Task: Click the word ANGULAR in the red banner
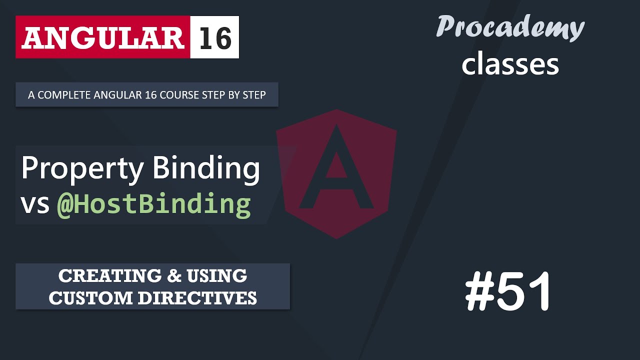pyautogui.click(x=102, y=37)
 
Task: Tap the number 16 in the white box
pyautogui.click(x=215, y=37)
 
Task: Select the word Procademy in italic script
pyautogui.click(x=510, y=27)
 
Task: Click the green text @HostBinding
pyautogui.click(x=154, y=204)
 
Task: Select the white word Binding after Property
pyautogui.click(x=206, y=169)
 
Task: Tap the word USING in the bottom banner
pyautogui.click(x=217, y=275)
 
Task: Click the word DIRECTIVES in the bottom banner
pyautogui.click(x=197, y=298)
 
